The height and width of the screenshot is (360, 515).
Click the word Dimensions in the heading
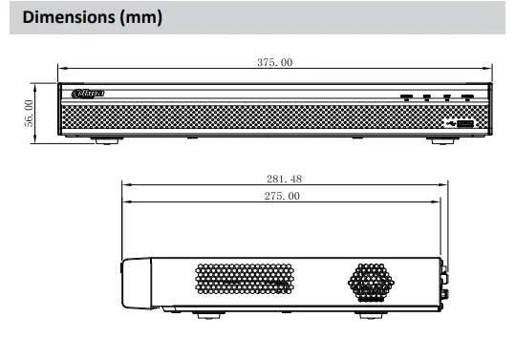(x=69, y=17)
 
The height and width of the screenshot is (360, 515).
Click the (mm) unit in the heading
(x=140, y=17)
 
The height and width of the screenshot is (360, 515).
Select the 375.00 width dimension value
(x=275, y=62)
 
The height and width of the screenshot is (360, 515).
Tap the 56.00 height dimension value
(x=29, y=114)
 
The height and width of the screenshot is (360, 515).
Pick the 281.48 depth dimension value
(x=284, y=179)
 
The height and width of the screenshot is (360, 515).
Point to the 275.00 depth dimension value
(x=282, y=196)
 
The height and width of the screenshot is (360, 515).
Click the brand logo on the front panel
(x=88, y=94)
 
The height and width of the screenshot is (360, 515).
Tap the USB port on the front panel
(x=465, y=124)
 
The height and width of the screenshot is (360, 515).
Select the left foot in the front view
(x=107, y=141)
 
